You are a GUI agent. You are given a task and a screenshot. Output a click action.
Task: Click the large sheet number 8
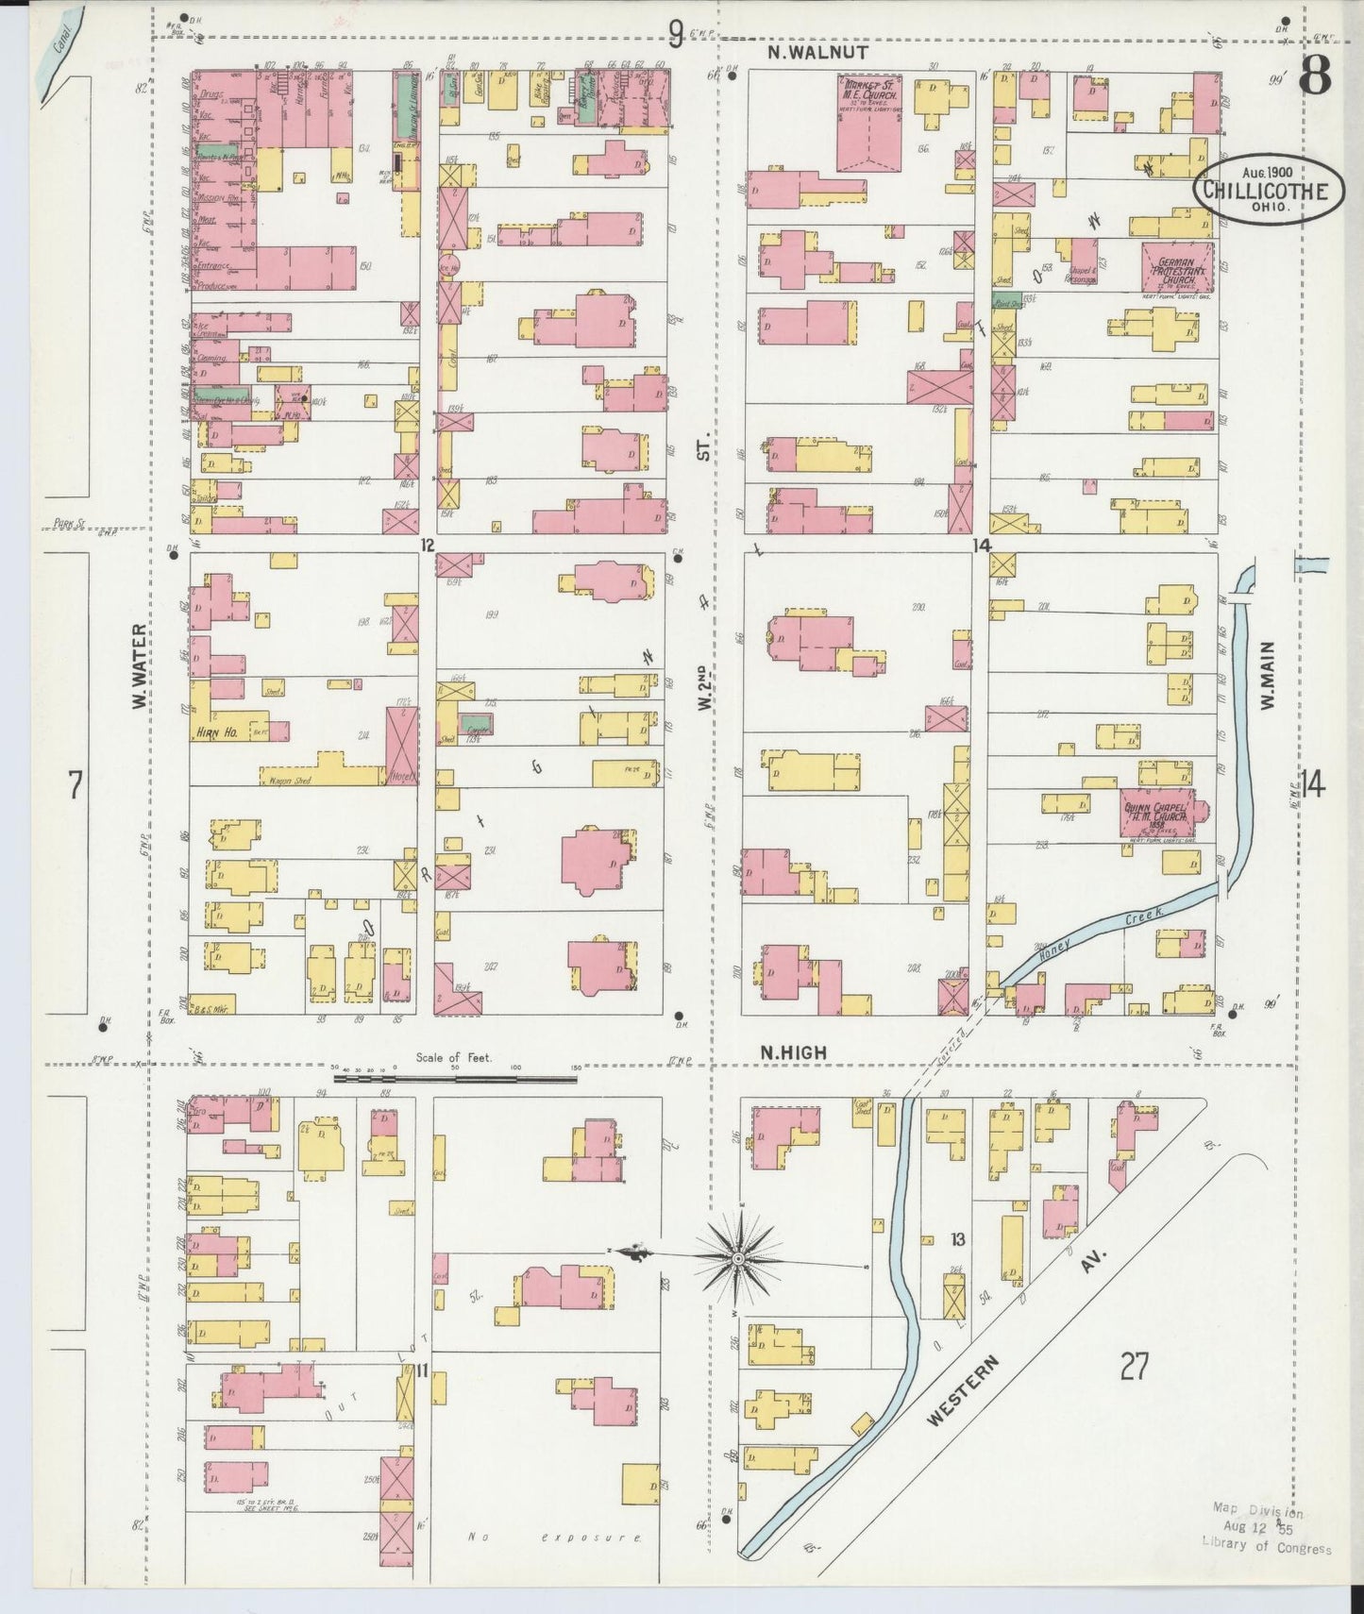point(1314,74)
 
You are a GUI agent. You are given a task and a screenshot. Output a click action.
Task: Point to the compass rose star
point(737,1258)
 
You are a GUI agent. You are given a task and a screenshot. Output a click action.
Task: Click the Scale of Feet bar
point(455,1078)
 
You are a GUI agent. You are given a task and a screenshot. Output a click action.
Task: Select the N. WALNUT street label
point(817,54)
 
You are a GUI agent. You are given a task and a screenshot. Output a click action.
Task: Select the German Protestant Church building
point(1177,271)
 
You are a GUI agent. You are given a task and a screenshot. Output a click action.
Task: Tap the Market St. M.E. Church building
point(868,123)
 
